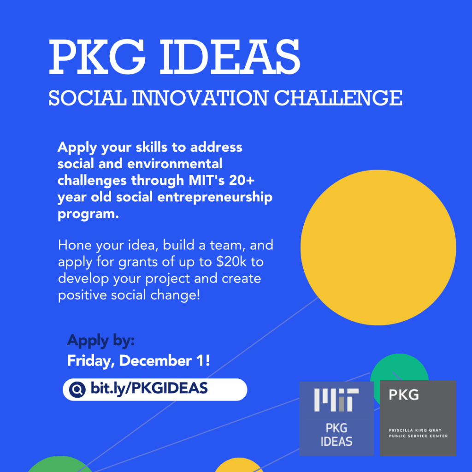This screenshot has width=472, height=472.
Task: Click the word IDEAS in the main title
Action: [230, 57]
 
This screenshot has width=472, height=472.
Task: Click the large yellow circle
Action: [378, 248]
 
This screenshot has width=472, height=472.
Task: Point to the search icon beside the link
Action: [77, 389]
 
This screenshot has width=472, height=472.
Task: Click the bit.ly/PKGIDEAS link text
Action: [149, 388]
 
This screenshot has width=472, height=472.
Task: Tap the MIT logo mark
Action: [336, 400]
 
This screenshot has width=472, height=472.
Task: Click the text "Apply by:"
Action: [101, 341]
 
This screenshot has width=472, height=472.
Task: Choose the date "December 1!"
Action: [165, 360]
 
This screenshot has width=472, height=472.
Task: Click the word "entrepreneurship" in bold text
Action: [215, 197]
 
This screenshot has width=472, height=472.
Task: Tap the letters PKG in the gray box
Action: [404, 395]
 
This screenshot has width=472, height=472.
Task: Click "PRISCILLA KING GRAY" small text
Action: [415, 430]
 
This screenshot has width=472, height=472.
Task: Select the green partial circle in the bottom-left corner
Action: [60, 464]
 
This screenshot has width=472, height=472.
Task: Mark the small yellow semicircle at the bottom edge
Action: [239, 466]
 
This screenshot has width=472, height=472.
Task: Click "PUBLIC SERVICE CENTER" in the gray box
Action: [418, 436]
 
